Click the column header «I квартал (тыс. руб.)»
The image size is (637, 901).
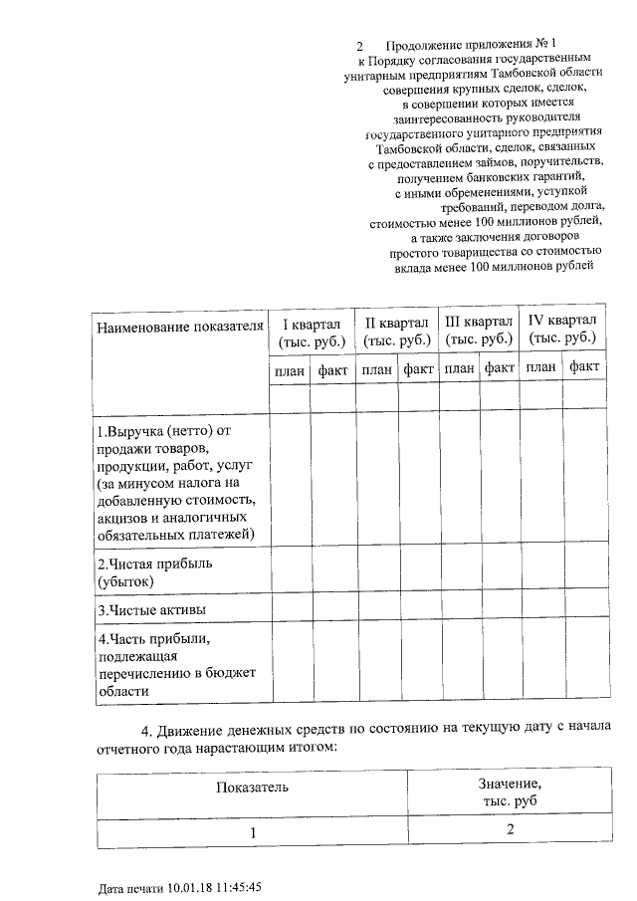[x=313, y=331]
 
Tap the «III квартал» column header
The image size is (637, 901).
[x=479, y=331]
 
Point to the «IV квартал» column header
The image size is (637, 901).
[x=562, y=331]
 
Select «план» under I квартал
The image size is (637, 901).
[x=290, y=369]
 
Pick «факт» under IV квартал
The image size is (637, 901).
[x=585, y=368]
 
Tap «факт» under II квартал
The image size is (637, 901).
[x=419, y=369]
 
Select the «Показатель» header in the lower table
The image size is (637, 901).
[x=253, y=788]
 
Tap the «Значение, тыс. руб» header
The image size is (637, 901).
[x=509, y=791]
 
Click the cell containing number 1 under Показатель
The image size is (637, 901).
[x=253, y=831]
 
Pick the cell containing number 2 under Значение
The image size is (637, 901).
[x=509, y=830]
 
